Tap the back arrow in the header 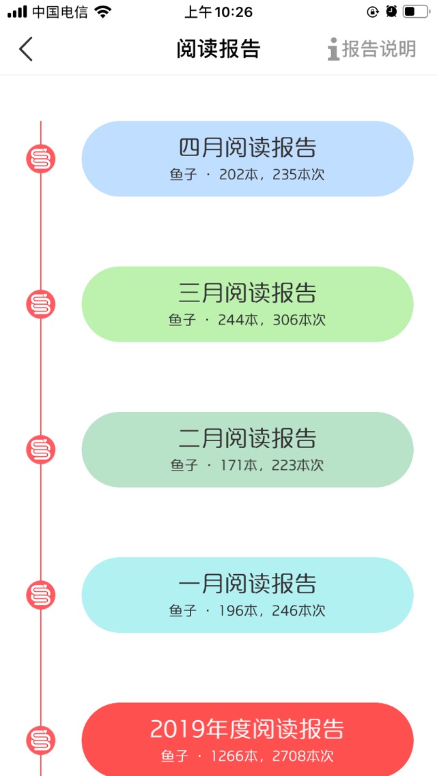point(26,49)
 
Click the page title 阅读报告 point(218,49)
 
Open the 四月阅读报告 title point(247,147)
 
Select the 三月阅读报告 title point(247,293)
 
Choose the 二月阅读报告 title point(247,438)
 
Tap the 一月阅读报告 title point(247,584)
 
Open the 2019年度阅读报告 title point(246,729)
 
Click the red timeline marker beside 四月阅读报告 point(41,159)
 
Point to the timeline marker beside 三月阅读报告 point(41,304)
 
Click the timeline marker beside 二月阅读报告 point(41,450)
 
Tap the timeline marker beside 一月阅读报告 point(41,595)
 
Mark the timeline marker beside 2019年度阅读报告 point(41,741)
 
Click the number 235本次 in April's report point(298,175)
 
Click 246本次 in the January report point(299,611)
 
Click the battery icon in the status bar point(416,12)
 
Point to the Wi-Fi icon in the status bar point(103,12)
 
